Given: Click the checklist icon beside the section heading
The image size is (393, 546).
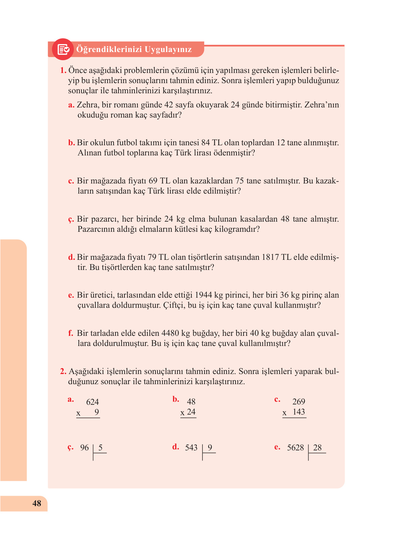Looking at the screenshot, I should click(63, 49).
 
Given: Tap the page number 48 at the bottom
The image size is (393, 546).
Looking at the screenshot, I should click(37, 503).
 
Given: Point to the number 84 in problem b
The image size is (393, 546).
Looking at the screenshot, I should click(205, 143).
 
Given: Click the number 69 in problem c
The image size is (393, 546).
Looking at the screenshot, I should click(153, 181).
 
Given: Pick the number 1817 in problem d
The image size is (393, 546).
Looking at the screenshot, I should click(270, 257).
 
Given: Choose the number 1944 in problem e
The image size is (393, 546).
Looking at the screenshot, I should click(204, 295).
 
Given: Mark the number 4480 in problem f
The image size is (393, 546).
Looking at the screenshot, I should click(170, 333).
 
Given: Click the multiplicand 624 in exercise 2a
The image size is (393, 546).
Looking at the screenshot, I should click(93, 402).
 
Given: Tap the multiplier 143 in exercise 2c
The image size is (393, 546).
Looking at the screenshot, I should click(299, 412).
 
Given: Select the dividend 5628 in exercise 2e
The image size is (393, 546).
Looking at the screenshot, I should click(295, 448).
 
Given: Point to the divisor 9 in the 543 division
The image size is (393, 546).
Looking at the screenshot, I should click(210, 448).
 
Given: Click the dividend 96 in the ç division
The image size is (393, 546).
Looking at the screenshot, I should click(84, 448).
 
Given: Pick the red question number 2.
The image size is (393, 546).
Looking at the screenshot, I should click(63, 372).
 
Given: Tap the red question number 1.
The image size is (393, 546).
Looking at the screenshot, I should click(63, 71).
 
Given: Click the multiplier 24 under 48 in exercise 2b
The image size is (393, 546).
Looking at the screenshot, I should click(191, 412).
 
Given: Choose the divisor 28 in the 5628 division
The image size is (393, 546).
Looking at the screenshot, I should click(317, 448).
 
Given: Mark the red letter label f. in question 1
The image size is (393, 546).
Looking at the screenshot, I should click(70, 333).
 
